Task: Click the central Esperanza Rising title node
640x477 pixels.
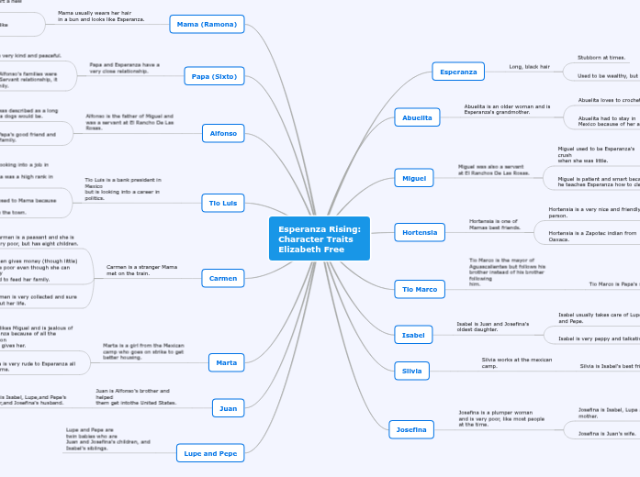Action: click(x=320, y=238)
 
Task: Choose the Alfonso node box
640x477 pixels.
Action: click(x=223, y=134)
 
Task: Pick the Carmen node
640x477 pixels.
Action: click(x=222, y=277)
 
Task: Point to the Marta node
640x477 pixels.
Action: click(x=225, y=362)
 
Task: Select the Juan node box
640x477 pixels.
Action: click(x=227, y=406)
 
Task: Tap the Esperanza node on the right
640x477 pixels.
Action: click(x=458, y=71)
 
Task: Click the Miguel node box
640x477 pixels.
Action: click(x=411, y=176)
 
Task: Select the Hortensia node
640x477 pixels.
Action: click(x=420, y=232)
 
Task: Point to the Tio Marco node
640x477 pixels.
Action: click(x=419, y=289)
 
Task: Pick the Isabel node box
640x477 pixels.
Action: click(x=411, y=335)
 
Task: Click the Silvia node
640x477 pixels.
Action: click(x=410, y=371)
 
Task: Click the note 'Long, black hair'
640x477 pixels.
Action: click(x=530, y=67)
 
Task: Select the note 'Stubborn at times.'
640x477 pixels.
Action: click(x=601, y=57)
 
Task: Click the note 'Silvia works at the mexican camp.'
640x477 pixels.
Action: click(x=515, y=363)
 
